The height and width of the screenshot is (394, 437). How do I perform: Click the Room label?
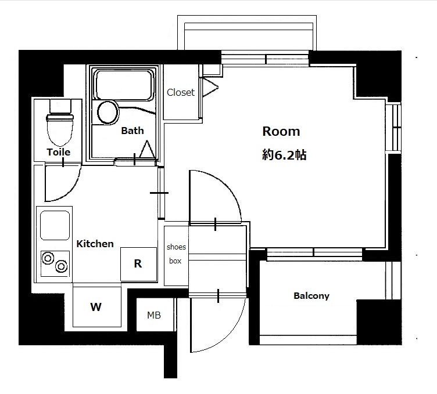point(281,131)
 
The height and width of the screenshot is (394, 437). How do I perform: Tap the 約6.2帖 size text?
point(284,155)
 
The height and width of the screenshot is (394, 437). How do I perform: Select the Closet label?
point(181,92)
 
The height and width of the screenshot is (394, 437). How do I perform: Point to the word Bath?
point(132,131)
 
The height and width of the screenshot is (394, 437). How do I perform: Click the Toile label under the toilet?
point(58,152)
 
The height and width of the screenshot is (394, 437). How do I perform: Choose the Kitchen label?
point(95,244)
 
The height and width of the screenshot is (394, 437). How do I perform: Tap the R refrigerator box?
point(138,264)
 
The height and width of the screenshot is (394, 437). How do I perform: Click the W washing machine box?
point(97,306)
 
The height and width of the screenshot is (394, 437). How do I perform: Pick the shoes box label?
point(176,254)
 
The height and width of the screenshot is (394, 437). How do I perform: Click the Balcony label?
point(311,295)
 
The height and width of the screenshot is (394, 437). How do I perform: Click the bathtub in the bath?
point(124,85)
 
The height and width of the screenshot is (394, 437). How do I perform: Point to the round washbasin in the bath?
point(108,113)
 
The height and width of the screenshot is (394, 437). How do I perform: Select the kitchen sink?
point(55,225)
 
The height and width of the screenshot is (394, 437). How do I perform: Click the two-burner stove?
point(55,263)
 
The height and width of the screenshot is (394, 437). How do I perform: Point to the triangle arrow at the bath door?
point(147,150)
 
